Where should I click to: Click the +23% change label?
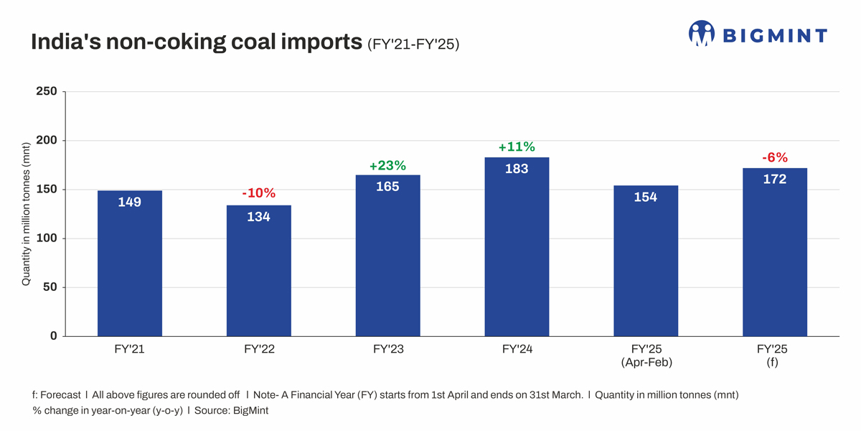[387, 166]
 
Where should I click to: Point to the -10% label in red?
[258, 193]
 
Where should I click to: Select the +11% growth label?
[517, 147]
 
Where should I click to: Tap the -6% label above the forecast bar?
[775, 158]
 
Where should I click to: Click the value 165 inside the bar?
[387, 187]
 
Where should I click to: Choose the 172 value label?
[775, 180]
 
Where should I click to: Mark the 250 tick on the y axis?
[47, 92]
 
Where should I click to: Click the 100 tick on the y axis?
[47, 238]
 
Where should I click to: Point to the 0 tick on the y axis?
[54, 336]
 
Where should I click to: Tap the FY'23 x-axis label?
[387, 350]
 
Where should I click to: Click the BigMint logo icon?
[702, 34]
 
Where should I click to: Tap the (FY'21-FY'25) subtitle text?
[413, 44]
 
